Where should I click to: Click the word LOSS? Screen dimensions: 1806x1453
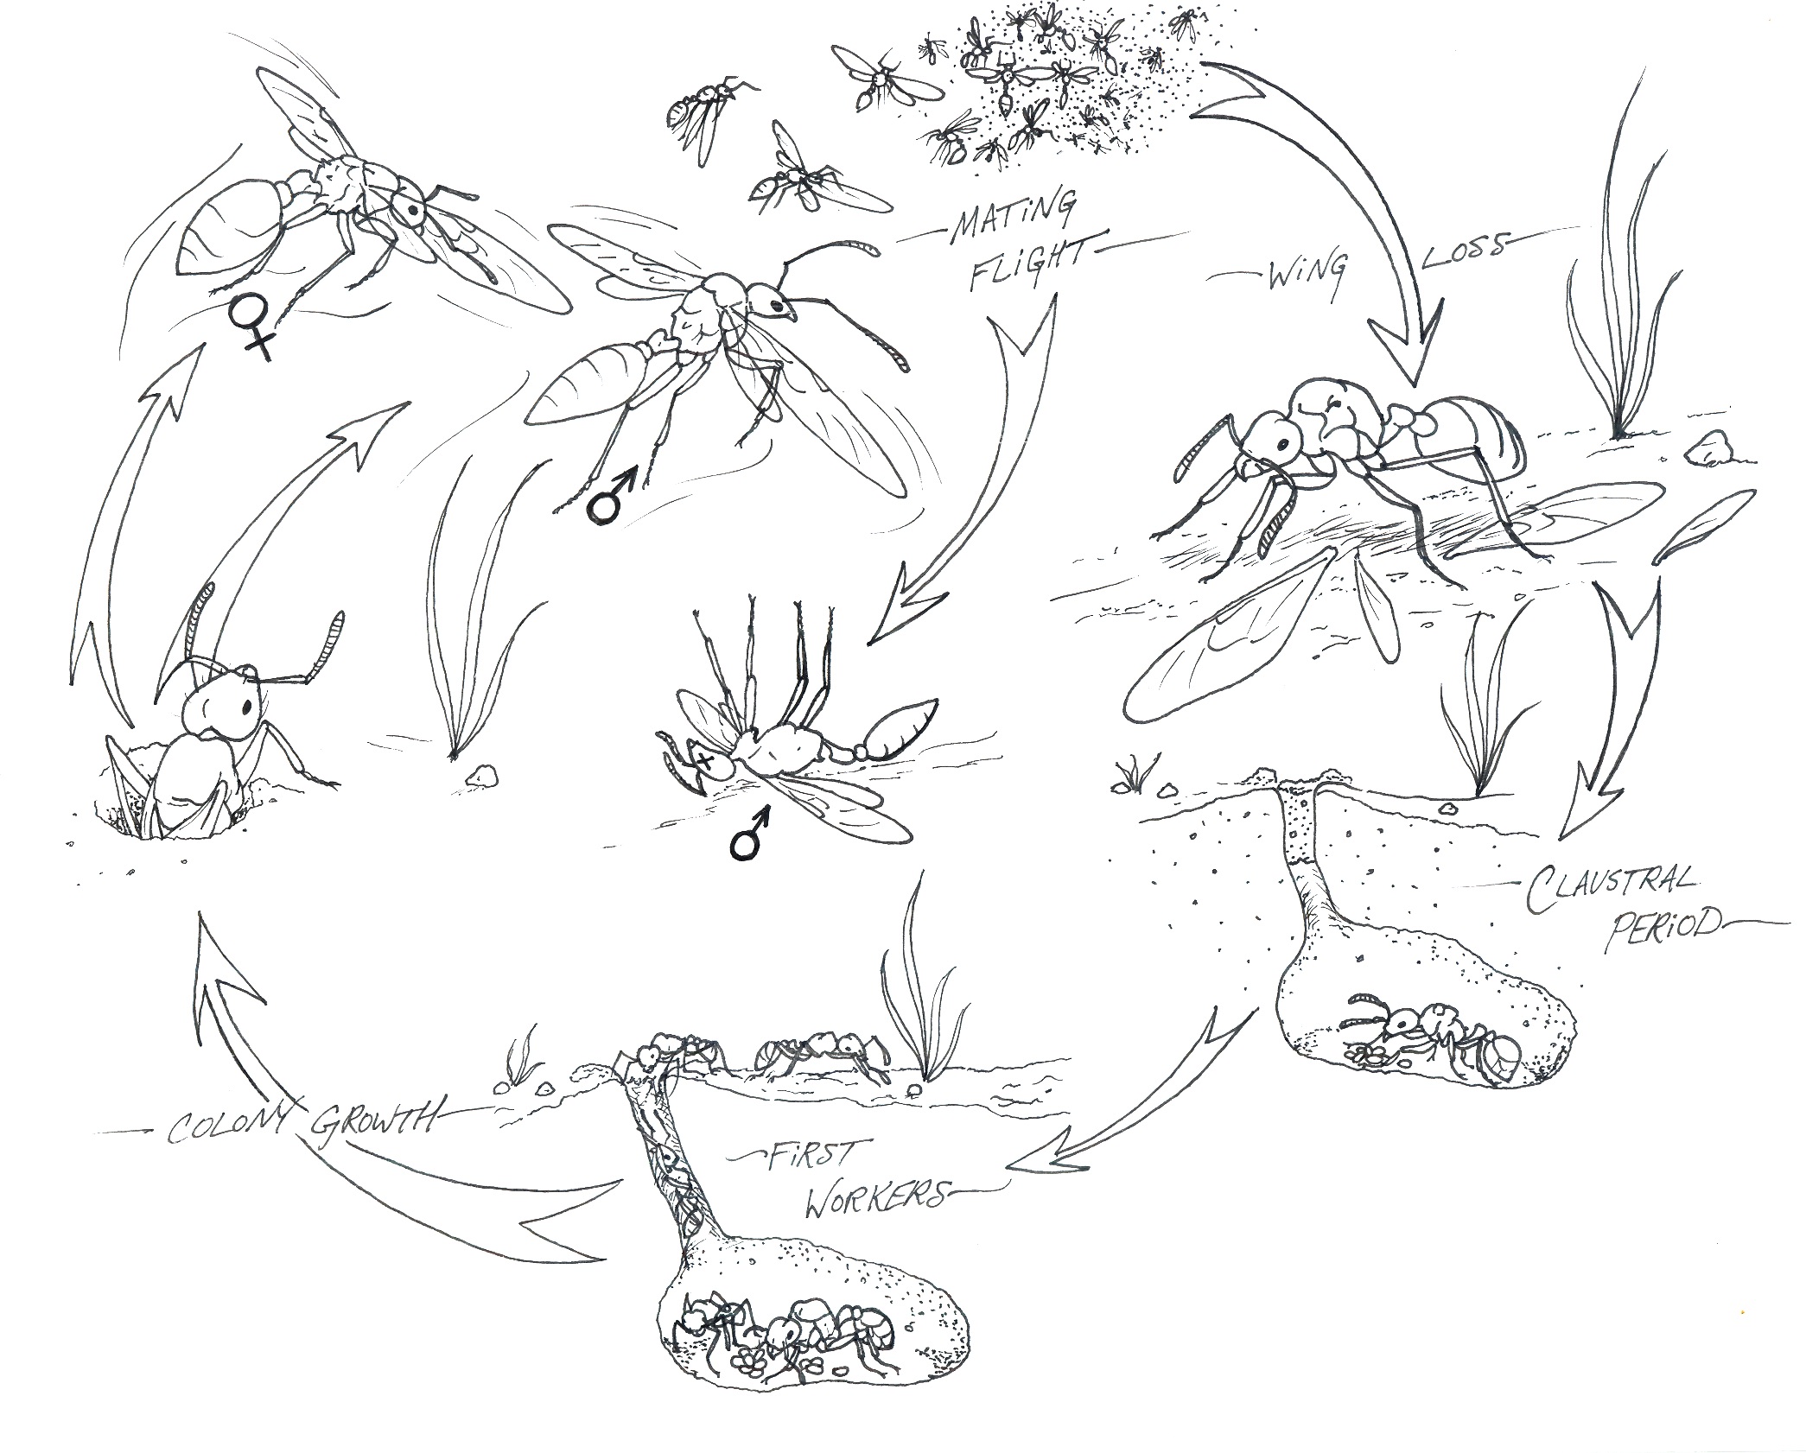point(1465,248)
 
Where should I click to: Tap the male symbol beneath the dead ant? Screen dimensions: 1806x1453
point(750,832)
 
